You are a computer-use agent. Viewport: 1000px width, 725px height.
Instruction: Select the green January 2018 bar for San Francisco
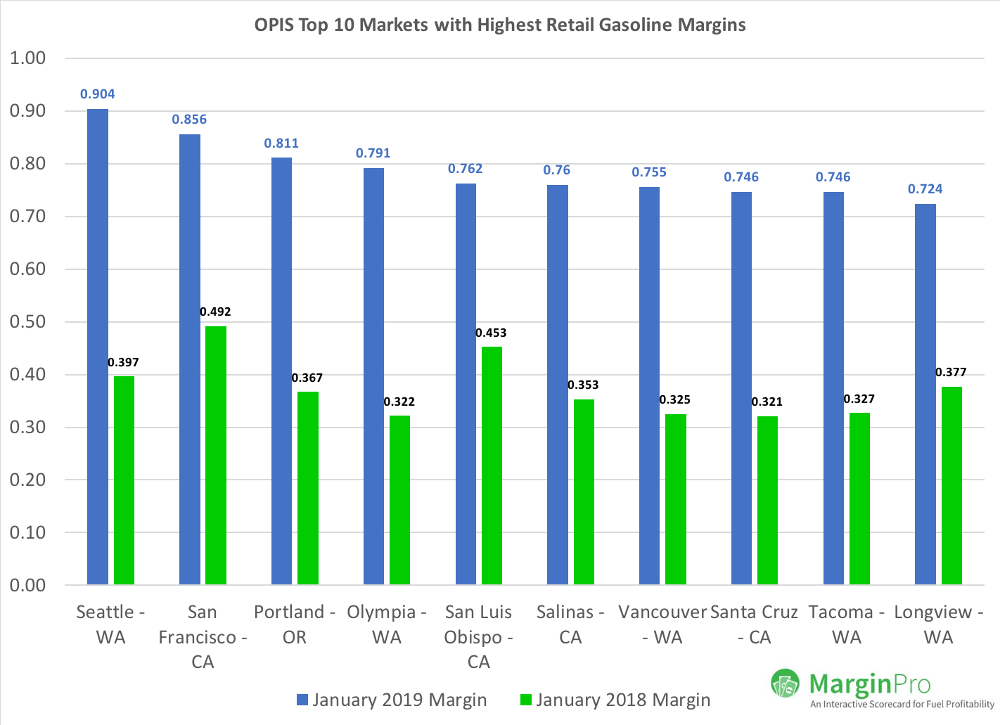click(215, 455)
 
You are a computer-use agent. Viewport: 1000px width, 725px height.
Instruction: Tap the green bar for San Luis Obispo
click(492, 465)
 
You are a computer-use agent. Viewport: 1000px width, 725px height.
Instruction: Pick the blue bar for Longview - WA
click(925, 394)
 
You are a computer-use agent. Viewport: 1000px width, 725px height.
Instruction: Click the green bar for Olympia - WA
click(399, 499)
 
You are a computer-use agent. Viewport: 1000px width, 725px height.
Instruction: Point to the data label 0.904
click(98, 94)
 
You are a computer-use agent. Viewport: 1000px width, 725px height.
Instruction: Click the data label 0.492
click(215, 312)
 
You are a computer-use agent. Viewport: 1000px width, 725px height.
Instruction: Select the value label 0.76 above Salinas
click(556, 170)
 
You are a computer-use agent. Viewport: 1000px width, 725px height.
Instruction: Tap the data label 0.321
click(767, 402)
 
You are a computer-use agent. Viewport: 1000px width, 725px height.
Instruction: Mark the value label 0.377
click(951, 372)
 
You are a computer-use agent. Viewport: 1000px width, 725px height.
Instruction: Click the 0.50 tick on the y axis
click(28, 322)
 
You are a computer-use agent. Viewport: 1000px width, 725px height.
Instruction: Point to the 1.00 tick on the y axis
click(28, 58)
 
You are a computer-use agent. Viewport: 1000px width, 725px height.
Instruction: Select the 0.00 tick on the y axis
click(28, 585)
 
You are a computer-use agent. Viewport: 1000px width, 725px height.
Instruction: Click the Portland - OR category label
click(295, 624)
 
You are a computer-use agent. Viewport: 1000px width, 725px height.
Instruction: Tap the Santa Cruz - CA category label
click(754, 624)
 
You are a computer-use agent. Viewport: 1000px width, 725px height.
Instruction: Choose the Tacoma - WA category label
click(846, 624)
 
